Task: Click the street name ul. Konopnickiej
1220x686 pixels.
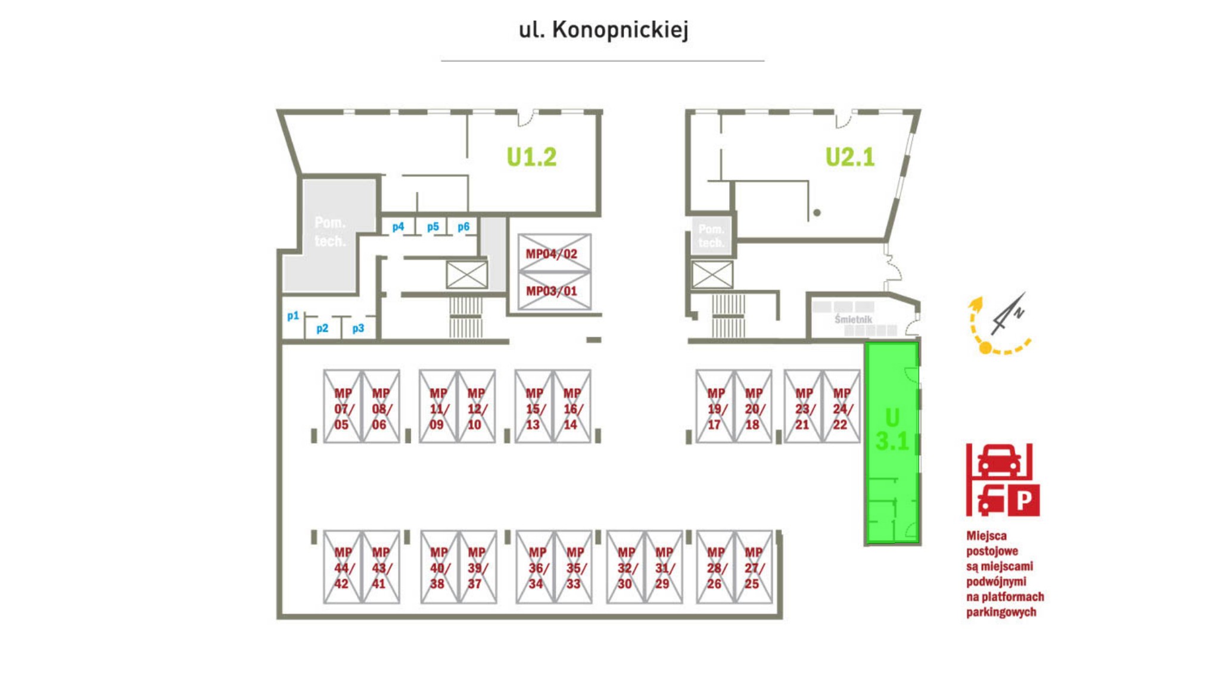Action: tap(603, 30)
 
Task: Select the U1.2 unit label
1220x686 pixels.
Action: tap(531, 157)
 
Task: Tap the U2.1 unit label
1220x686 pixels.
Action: tap(850, 157)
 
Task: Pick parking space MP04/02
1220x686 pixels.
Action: tap(552, 254)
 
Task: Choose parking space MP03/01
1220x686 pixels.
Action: tap(552, 291)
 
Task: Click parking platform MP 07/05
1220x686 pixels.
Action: tap(343, 408)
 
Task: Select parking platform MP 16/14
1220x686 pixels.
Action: tap(572, 408)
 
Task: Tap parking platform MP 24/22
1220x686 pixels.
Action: tap(842, 408)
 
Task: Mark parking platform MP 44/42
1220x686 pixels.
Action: tap(343, 567)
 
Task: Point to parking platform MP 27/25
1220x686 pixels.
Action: tap(753, 567)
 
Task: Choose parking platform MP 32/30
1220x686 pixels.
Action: tap(625, 567)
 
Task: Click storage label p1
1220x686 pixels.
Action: tap(293, 316)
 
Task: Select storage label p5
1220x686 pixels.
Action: tap(433, 227)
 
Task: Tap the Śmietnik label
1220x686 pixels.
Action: tap(853, 319)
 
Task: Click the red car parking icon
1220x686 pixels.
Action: tap(1003, 480)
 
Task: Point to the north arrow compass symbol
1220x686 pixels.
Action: tap(1008, 314)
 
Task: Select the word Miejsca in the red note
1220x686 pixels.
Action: tap(986, 536)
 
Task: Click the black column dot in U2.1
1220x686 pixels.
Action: tap(817, 213)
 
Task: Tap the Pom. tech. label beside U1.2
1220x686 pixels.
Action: tap(330, 232)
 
